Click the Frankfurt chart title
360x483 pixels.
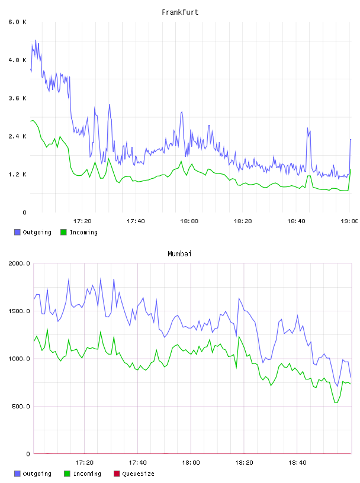point(180,12)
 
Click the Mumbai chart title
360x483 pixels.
point(179,254)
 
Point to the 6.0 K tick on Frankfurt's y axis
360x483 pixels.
point(18,22)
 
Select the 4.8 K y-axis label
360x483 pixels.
point(18,60)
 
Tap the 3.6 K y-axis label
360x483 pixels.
point(18,98)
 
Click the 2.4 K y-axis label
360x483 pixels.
point(18,137)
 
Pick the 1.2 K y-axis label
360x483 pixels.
point(18,175)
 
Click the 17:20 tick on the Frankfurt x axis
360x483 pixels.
point(82,221)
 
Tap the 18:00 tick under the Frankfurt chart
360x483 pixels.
point(189,221)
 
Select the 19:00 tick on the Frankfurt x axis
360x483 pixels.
point(349,221)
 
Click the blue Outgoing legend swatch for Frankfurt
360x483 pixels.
point(17,232)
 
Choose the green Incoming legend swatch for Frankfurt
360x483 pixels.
point(63,232)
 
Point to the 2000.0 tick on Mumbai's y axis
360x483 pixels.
point(20,263)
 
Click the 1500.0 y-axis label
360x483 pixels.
point(20,311)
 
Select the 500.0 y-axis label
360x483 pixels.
point(21,406)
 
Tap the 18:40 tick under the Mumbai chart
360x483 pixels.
point(297,463)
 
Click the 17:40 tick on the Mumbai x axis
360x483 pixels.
point(137,463)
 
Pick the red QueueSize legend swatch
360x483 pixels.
point(117,474)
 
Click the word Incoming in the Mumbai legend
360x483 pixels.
point(87,474)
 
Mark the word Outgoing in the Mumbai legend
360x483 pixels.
point(37,474)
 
